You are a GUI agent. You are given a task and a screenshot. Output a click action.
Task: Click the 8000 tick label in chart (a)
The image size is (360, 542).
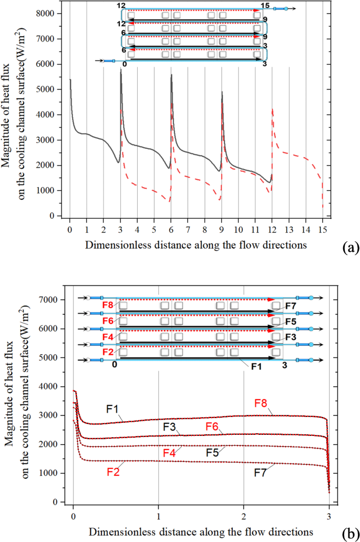[x=52, y=14]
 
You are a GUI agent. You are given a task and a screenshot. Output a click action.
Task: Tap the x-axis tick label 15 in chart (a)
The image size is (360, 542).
[x=323, y=230]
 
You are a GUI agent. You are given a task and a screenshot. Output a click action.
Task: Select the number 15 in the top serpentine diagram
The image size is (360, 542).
[x=265, y=6]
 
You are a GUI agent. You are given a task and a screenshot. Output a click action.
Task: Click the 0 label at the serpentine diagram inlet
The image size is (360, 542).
[x=124, y=64]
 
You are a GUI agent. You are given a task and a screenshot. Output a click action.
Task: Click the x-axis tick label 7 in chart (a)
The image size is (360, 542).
[x=188, y=230]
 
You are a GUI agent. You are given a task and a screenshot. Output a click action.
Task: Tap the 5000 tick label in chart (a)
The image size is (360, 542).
[x=52, y=89]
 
